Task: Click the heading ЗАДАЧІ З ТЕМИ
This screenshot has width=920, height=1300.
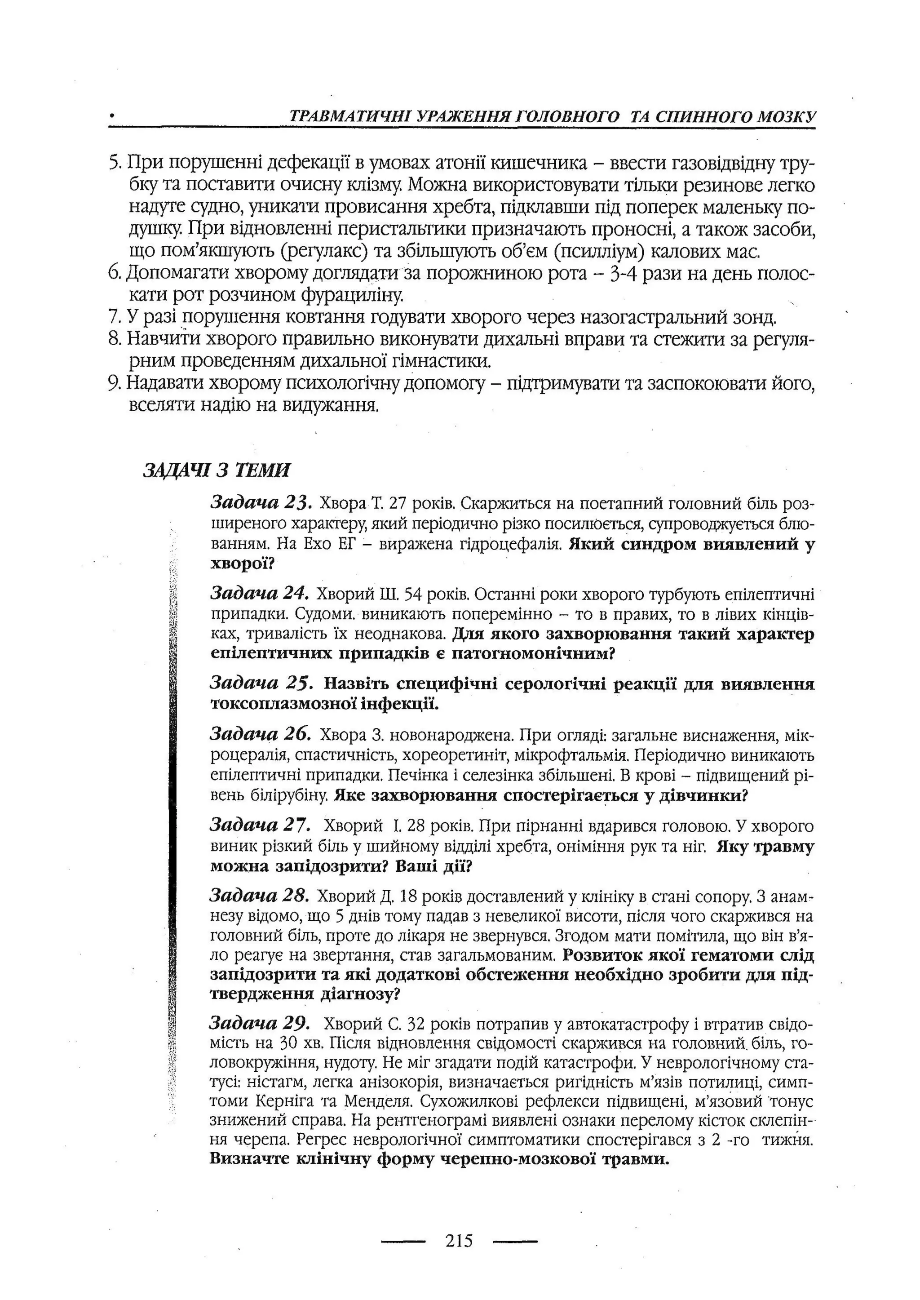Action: click(217, 470)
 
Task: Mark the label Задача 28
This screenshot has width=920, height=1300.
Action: click(260, 896)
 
